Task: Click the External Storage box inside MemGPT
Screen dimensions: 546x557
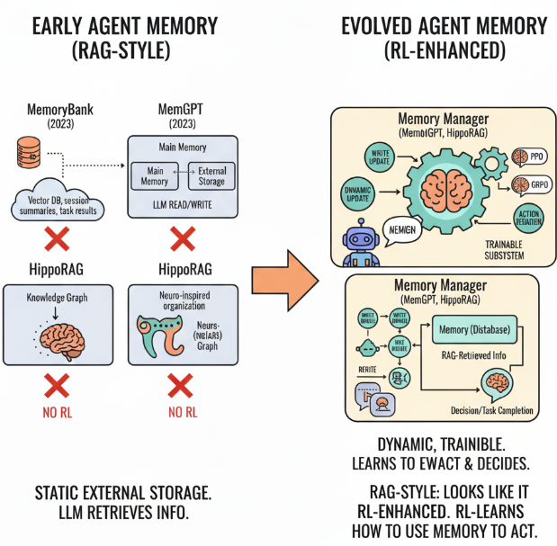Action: (x=211, y=175)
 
